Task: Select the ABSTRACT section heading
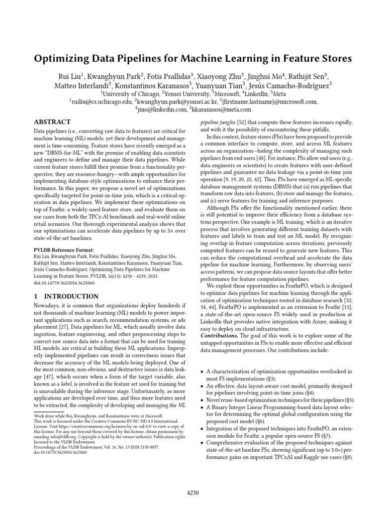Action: point(53,122)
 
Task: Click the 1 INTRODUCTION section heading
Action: point(58,297)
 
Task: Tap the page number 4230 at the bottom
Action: point(192,492)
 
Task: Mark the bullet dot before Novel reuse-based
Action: point(202,400)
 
